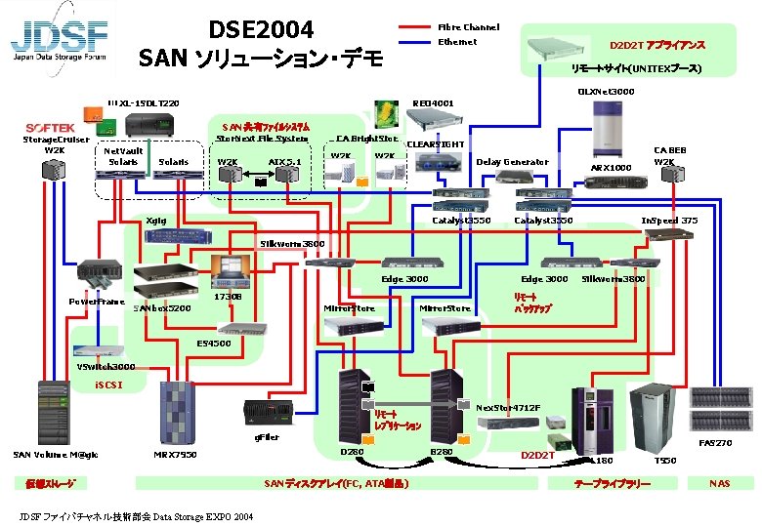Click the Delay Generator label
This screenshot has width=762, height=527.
point(512,162)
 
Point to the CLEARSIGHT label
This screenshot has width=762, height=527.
point(435,144)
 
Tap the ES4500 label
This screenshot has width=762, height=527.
point(214,344)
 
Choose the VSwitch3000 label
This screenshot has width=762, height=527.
point(106,367)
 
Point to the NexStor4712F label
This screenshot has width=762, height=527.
point(508,407)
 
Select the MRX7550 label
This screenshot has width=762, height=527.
point(176,454)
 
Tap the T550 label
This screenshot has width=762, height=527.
point(664,460)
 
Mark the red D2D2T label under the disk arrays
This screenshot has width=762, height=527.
point(537,455)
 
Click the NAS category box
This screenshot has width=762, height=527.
point(720,483)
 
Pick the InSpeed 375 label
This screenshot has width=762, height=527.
point(668,221)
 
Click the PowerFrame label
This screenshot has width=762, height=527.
point(96,302)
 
